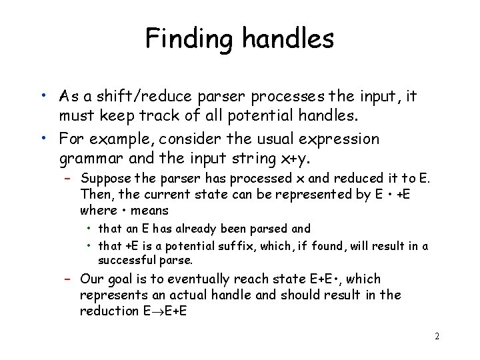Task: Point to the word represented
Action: [294, 195]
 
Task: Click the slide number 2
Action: [437, 336]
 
